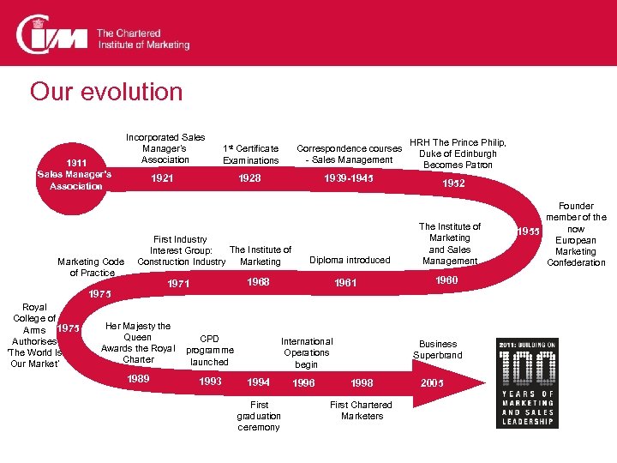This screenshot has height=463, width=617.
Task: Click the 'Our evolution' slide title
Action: click(x=106, y=92)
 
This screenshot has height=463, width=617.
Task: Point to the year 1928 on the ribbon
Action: click(x=250, y=178)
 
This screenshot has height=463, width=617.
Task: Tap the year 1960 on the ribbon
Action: click(x=446, y=280)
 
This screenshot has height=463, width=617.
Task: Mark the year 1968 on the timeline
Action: click(x=258, y=281)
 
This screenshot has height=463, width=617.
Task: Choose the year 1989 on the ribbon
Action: click(x=138, y=379)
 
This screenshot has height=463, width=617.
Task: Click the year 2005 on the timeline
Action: click(x=432, y=382)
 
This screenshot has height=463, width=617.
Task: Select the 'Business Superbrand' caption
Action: click(x=438, y=349)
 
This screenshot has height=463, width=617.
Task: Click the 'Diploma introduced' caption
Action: click(x=350, y=260)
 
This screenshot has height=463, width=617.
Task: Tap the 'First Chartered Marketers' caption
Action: click(x=361, y=410)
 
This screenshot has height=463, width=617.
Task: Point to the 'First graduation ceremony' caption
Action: click(x=259, y=416)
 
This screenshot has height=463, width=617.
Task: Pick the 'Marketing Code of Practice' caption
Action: click(x=91, y=267)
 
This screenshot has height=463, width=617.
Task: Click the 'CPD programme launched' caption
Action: click(x=209, y=350)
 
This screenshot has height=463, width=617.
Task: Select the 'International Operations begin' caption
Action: click(x=307, y=352)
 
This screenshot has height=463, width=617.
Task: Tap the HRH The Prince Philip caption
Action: click(x=457, y=153)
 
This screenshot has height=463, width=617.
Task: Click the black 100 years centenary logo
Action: click(x=526, y=382)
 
